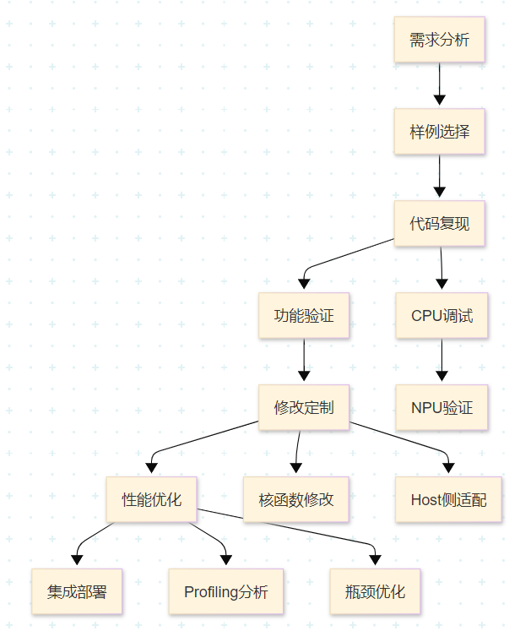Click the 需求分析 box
coord(439,40)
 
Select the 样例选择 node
coord(439,132)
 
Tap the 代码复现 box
coord(439,224)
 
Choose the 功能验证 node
coord(304,316)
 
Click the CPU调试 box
coord(441,316)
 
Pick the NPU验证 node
coord(441,408)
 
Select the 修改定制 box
coord(304,408)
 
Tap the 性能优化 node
coord(151,499)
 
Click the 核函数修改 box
coord(295,499)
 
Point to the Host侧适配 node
coord(448,499)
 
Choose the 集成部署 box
coord(78,591)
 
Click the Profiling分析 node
coord(225,591)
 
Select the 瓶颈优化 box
coord(375,591)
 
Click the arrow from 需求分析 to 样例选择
coord(439,85)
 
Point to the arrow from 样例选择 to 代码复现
coord(439,177)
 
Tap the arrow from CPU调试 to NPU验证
coord(441,362)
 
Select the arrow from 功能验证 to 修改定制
coord(304,362)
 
